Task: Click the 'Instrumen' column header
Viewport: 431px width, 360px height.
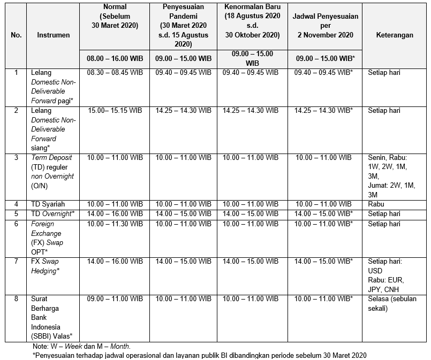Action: click(53, 35)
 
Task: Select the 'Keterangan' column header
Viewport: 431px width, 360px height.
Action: click(395, 35)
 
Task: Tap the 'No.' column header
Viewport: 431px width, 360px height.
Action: click(16, 35)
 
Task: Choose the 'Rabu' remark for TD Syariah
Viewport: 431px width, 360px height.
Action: click(376, 204)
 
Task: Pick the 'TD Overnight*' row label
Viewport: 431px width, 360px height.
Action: click(52, 213)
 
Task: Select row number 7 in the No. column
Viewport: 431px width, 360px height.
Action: click(16, 262)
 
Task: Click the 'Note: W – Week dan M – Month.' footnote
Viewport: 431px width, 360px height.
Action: click(81, 347)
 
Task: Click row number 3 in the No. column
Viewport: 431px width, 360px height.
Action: click(16, 158)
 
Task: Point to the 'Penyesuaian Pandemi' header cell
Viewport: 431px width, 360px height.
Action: click(184, 25)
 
